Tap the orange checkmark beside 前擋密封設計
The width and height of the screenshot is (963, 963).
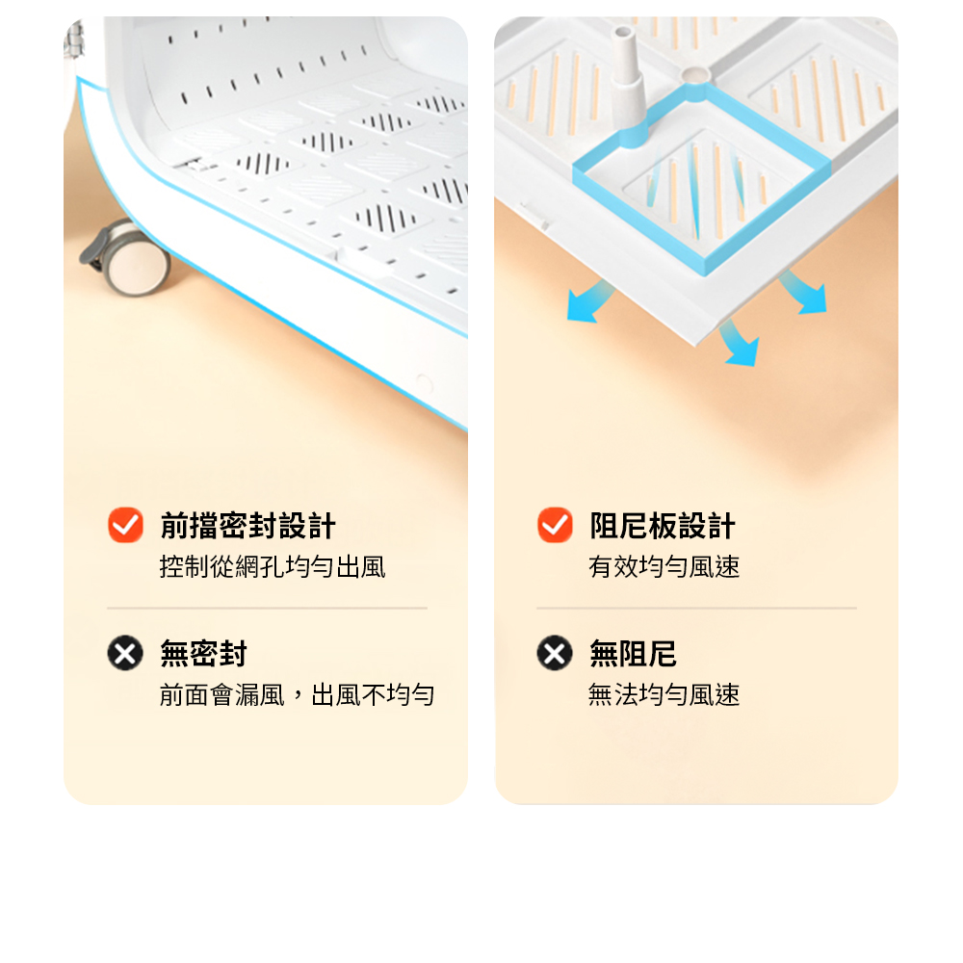pos(125,525)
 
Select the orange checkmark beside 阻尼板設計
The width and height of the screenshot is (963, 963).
pos(555,525)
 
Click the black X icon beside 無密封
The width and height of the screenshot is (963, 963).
pos(125,652)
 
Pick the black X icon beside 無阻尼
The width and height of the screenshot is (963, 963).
pos(555,652)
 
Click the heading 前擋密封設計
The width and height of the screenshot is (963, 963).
pos(248,527)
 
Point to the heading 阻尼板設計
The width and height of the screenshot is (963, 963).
pos(663,527)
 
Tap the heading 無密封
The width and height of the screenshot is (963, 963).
pos(203,654)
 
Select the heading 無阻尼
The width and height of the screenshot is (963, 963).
pos(633,654)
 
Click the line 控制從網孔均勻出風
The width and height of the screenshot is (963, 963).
pos(273,567)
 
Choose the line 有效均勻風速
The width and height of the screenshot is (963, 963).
pos(664,567)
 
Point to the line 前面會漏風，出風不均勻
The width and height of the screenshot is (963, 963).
pos(297,695)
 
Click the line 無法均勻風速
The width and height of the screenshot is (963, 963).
pos(664,695)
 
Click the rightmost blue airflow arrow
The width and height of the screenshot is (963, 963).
pos(804,293)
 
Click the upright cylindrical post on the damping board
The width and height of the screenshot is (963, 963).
pos(628,86)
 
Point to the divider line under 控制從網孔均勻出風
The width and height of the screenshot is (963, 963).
pos(267,608)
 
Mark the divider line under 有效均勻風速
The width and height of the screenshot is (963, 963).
pos(696,608)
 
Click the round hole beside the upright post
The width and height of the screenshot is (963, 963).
pos(696,75)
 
